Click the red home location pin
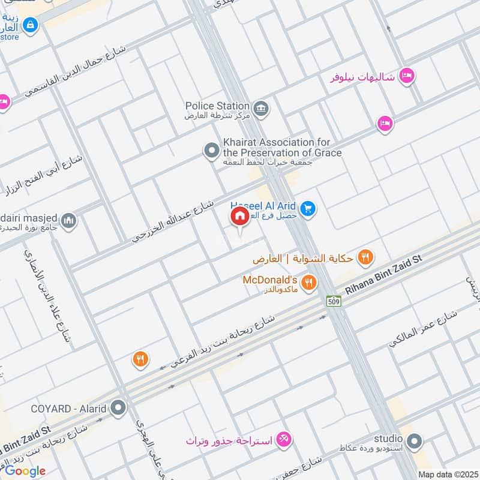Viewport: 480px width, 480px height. click(239, 216)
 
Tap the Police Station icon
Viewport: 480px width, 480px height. click(261, 109)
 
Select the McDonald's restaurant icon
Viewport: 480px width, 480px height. click(308, 283)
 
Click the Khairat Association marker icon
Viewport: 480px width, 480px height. click(211, 151)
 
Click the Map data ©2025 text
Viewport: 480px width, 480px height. click(447, 474)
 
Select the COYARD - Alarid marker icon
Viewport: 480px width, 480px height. click(119, 409)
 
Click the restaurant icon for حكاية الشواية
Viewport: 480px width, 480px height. click(365, 259)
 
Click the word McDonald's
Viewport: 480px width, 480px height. click(270, 280)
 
